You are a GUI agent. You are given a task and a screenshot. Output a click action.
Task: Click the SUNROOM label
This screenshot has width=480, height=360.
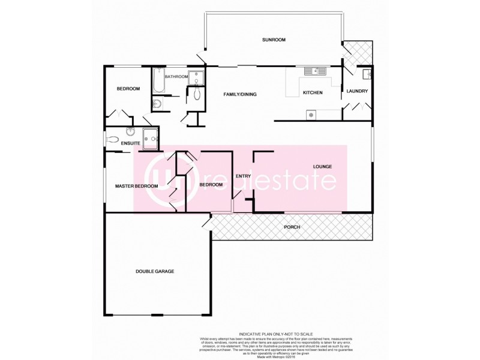click(274, 40)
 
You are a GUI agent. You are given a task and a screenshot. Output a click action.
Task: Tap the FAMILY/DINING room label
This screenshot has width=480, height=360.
click(240, 94)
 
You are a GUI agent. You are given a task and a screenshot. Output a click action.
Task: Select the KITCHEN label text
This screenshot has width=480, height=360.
click(313, 93)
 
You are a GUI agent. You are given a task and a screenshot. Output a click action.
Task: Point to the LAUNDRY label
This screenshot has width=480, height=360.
click(357, 91)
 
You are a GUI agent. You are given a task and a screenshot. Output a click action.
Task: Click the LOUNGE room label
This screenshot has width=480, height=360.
click(322, 166)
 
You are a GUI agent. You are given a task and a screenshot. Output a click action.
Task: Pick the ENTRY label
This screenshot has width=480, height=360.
click(243, 176)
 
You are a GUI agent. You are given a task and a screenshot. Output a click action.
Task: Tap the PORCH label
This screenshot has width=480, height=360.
click(292, 227)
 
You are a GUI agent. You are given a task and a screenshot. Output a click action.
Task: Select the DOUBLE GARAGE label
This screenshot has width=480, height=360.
click(155, 271)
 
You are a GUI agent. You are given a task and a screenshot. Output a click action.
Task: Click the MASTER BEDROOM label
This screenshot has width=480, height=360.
click(137, 186)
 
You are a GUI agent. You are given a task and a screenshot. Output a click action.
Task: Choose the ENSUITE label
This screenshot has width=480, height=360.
click(130, 143)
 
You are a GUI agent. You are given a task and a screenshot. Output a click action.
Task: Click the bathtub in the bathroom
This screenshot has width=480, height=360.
click(158, 82)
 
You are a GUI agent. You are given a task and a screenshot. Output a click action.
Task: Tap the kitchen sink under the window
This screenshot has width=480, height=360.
click(314, 71)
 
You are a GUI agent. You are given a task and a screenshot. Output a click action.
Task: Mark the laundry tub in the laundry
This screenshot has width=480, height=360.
click(367, 74)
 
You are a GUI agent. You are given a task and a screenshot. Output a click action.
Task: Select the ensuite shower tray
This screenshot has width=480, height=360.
click(151, 136)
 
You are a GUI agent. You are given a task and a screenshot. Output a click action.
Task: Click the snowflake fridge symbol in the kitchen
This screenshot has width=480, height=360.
click(311, 113)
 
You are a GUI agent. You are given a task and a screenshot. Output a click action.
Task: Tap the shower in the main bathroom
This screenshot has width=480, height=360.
click(196, 77)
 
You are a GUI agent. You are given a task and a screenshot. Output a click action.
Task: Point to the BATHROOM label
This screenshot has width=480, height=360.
click(176, 76)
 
